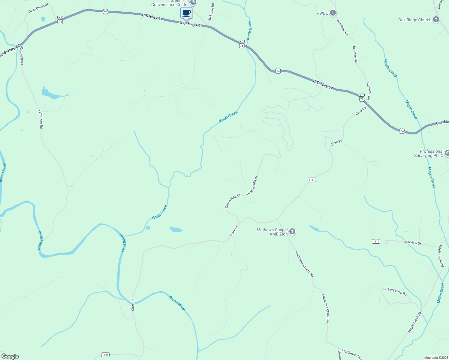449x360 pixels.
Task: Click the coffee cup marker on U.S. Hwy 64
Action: (x=186, y=13)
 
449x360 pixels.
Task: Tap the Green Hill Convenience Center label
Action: (x=170, y=3)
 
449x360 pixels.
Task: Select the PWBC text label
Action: (x=322, y=13)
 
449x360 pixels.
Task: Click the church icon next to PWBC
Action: (x=333, y=13)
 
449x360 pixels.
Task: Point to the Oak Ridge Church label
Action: (x=414, y=20)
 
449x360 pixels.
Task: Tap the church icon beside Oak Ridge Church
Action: (x=436, y=20)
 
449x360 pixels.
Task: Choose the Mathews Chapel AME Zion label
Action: (x=272, y=232)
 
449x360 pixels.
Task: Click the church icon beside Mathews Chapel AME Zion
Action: (x=292, y=232)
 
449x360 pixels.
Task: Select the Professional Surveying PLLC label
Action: (x=429, y=153)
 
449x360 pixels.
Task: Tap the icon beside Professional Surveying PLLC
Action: (x=447, y=153)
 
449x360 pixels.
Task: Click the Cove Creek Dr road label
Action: (x=38, y=8)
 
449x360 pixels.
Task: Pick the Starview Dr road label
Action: (x=412, y=243)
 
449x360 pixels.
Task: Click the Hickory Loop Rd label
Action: (x=395, y=292)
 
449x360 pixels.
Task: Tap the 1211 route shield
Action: (x=376, y=241)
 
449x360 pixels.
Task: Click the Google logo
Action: (x=10, y=356)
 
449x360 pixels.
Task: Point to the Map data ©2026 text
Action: (x=436, y=358)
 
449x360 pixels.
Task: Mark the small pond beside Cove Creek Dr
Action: (x=43, y=19)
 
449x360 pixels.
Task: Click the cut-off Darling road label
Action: (x=440, y=4)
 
